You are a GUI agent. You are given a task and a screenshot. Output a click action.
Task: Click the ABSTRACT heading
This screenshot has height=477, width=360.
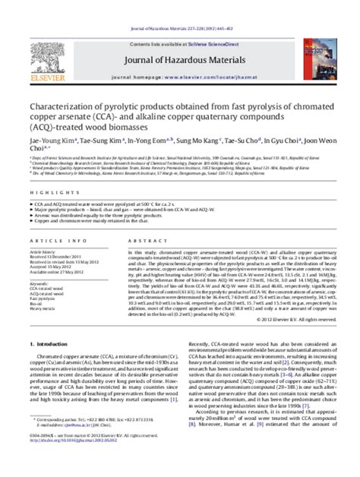tap(140, 243)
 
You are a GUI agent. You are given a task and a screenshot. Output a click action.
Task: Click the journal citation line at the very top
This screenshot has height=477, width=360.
tap(181, 7)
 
